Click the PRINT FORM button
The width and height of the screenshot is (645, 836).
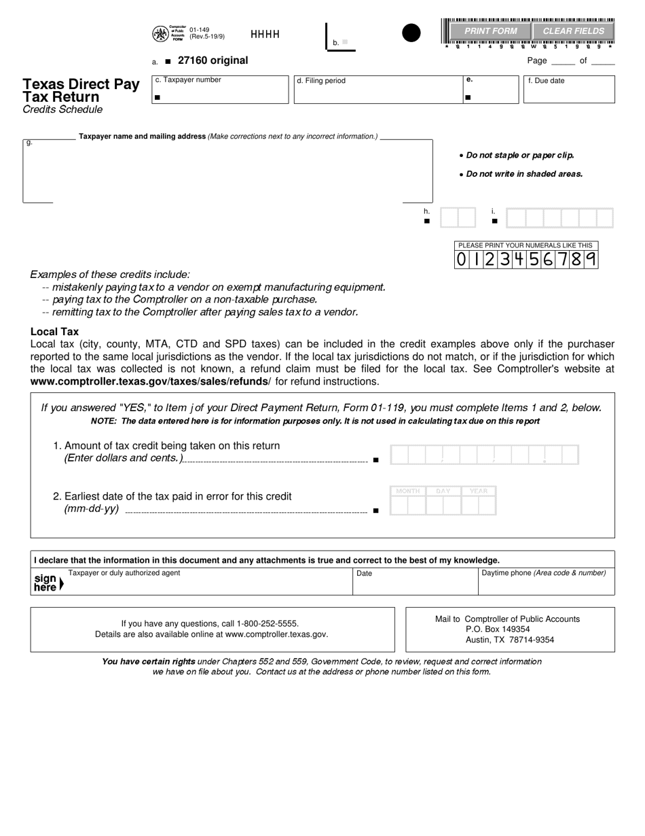click(x=491, y=31)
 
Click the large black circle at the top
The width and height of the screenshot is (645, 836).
click(x=411, y=33)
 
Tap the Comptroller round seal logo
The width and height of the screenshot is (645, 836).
click(x=160, y=33)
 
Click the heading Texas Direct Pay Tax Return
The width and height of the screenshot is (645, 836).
click(x=81, y=90)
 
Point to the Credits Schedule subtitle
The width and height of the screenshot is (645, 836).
click(x=62, y=109)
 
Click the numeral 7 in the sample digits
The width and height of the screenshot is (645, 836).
click(x=564, y=259)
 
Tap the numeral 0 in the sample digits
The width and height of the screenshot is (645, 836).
click(x=462, y=259)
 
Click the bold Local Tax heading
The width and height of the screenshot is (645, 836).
click(x=54, y=332)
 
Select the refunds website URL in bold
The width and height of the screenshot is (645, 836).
click(x=149, y=381)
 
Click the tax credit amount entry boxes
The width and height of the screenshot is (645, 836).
click(x=484, y=455)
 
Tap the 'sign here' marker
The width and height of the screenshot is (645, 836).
click(x=47, y=582)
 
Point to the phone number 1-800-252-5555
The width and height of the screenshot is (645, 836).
click(x=268, y=623)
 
